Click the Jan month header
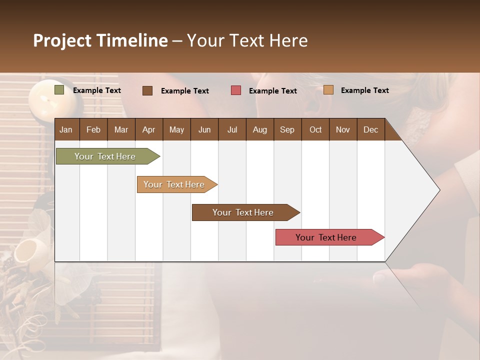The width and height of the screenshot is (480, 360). tap(66, 129)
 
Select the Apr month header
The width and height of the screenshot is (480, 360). tap(149, 129)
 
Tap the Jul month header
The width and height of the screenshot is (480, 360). tap(232, 129)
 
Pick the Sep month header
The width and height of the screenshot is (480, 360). tap(287, 129)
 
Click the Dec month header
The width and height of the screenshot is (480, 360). tap(370, 129)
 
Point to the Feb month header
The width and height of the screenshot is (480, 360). tap(93, 129)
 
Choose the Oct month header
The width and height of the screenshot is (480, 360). tap(315, 129)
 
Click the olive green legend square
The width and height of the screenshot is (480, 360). tap(59, 90)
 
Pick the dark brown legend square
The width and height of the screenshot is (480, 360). tap(147, 90)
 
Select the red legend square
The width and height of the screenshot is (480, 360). tap(236, 90)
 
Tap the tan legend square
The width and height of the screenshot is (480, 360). tap(328, 90)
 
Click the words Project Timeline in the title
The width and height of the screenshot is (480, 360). tap(100, 40)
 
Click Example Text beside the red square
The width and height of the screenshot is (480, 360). tap(273, 91)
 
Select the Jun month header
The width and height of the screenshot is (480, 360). tap(204, 129)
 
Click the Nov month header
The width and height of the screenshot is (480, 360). tap(343, 129)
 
